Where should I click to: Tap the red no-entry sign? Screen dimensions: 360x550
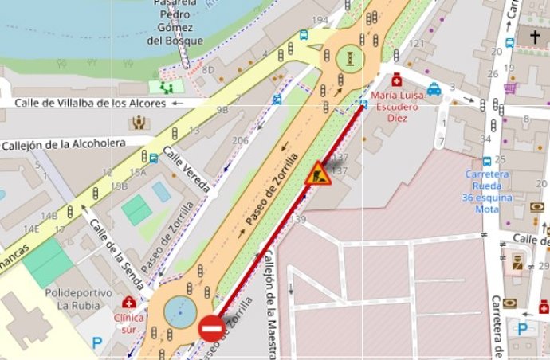[x=210, y=327]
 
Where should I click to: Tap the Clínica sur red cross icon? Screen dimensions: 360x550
[x=128, y=303]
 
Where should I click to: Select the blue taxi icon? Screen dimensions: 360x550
[x=434, y=89]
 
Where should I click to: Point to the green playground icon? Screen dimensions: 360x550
[x=167, y=86]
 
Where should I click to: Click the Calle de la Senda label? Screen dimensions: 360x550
[x=120, y=253]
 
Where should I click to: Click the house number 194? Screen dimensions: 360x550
[x=320, y=20]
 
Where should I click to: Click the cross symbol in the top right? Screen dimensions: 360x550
[x=532, y=36]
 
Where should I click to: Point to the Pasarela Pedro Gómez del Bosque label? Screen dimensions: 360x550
[x=175, y=22]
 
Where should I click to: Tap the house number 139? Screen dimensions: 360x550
[x=299, y=219]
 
